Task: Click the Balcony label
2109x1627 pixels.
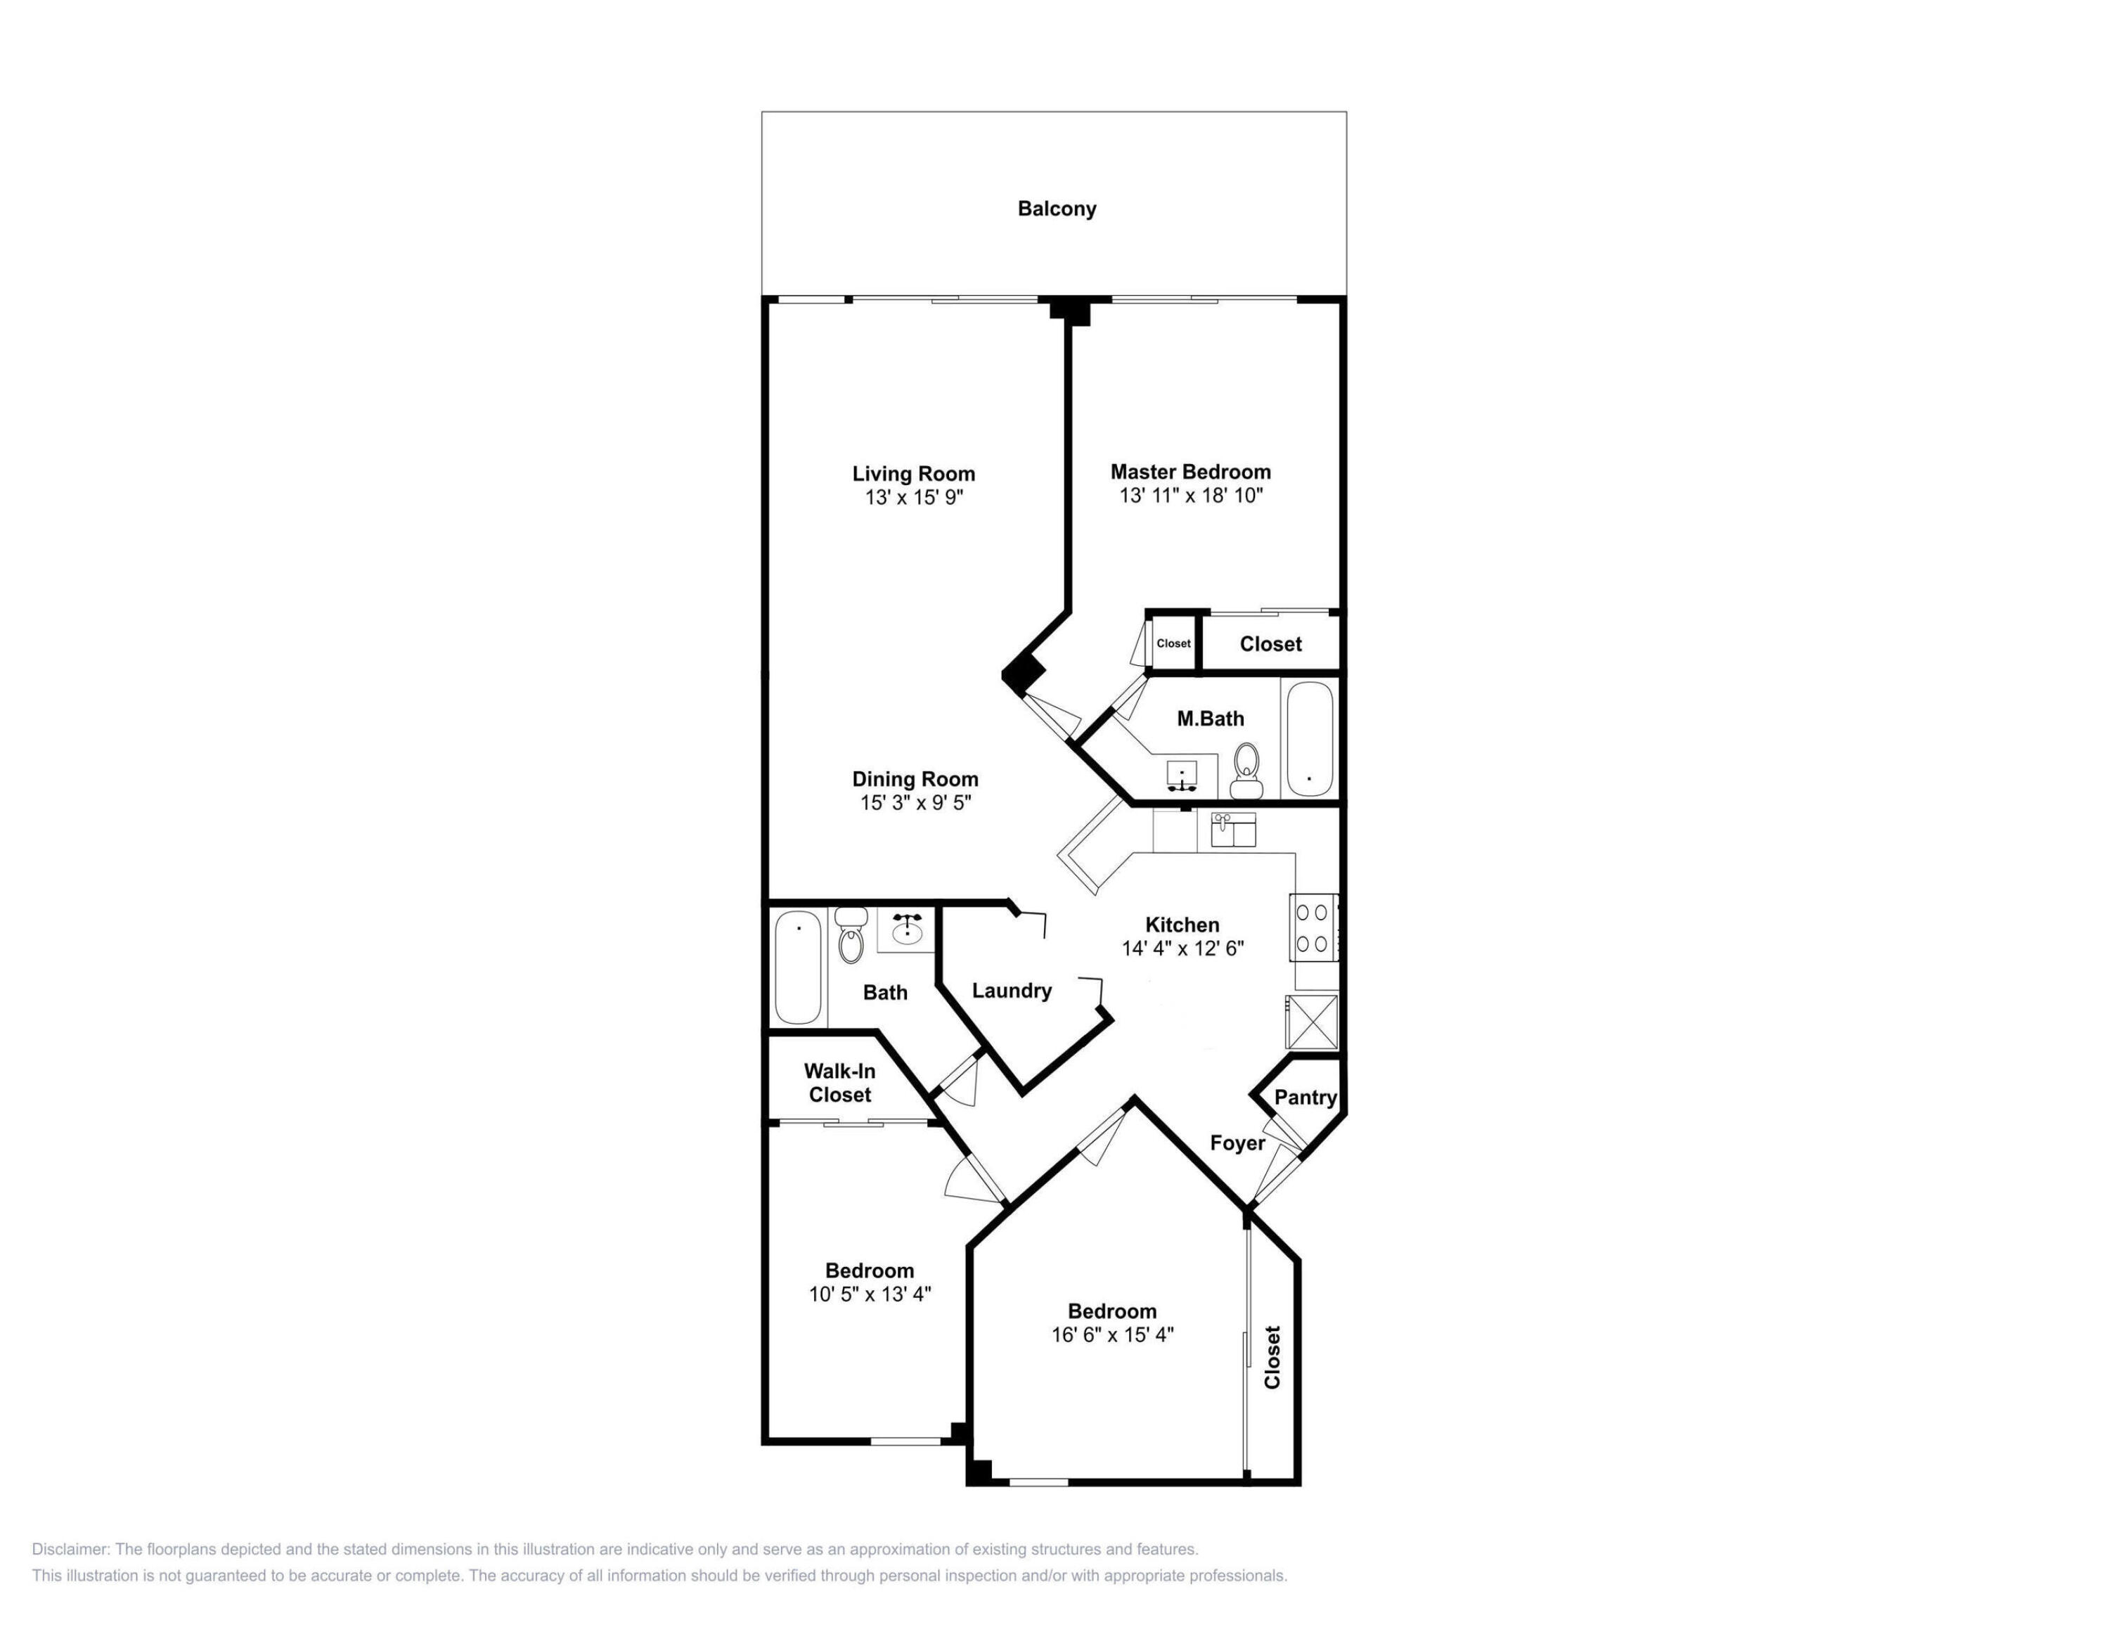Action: (x=1057, y=209)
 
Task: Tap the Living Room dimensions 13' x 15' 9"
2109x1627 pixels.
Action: (x=913, y=497)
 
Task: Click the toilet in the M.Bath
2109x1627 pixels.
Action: (x=1246, y=771)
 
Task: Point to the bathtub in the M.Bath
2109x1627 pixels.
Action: (x=1310, y=739)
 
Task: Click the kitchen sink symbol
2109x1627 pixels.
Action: (x=1233, y=830)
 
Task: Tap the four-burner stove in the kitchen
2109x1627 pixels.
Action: (x=1313, y=928)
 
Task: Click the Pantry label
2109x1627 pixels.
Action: (x=1305, y=1097)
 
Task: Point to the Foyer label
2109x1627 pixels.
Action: (x=1237, y=1143)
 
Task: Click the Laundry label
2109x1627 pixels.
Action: (x=1011, y=991)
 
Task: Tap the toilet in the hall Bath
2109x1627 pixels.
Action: (x=851, y=936)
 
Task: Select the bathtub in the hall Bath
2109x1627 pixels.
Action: (x=798, y=967)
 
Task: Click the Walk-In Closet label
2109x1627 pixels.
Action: (x=839, y=1082)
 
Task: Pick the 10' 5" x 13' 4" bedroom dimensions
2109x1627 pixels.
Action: (x=869, y=1294)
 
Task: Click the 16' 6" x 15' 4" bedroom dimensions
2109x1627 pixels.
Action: (x=1111, y=1335)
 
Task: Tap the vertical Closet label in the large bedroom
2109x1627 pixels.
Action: (x=1272, y=1356)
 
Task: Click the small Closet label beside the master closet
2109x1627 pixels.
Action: (x=1173, y=643)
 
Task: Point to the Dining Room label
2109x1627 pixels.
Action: (x=915, y=778)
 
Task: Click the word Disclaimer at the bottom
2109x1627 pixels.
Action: (x=70, y=1550)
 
